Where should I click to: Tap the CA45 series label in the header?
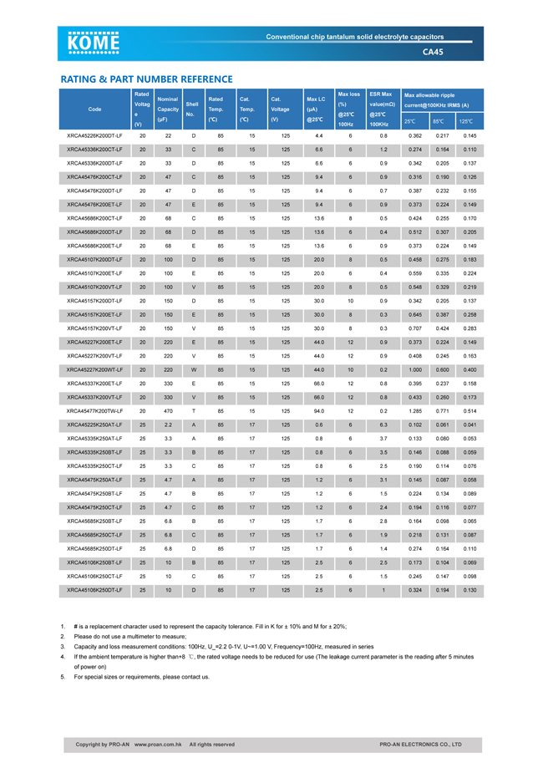433,52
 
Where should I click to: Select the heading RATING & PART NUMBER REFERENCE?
145,79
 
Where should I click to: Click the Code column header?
94,109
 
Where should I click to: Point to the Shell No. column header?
193,109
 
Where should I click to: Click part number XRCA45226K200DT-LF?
94,135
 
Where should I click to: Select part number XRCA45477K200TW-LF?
94,411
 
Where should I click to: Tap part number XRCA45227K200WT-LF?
94,369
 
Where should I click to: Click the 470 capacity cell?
168,411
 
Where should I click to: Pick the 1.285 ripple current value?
414,411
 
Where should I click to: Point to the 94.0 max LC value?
318,411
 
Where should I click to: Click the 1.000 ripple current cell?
414,369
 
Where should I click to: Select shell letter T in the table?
193,411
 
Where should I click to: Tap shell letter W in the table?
193,369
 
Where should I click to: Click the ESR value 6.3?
383,425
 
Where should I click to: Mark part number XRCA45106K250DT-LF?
94,590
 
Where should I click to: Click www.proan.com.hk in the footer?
159,744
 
